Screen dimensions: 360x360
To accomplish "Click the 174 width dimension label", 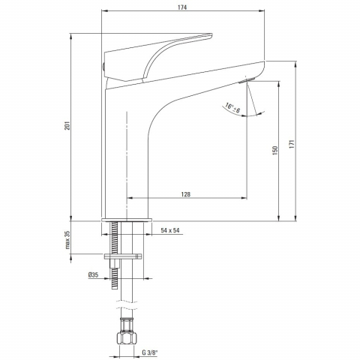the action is [182, 7].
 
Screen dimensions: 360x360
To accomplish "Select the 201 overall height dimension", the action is [67, 125].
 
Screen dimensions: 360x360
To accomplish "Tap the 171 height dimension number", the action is [292, 145].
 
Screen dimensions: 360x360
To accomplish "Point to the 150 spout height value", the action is [274, 151].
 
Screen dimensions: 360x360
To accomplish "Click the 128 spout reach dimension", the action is [185, 194].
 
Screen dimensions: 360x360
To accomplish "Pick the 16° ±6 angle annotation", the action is [232, 108].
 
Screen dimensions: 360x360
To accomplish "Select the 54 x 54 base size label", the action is [170, 230].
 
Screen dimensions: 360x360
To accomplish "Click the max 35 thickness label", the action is [67, 240].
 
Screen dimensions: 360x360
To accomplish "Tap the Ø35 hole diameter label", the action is [93, 275].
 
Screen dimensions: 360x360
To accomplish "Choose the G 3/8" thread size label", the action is [150, 352].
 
